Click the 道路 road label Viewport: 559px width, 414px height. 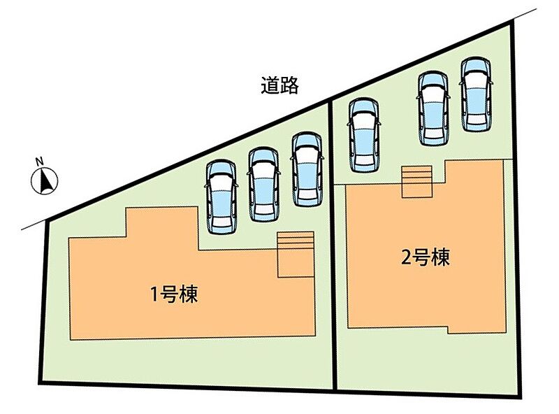coord(280,85)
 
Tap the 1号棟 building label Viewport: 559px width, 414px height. coord(175,294)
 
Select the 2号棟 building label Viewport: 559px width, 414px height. coord(425,258)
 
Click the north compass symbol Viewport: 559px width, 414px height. coord(45,182)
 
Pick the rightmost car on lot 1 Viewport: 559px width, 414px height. coord(306,170)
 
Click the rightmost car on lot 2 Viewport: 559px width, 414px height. coord(476,94)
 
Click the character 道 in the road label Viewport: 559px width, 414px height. coord(270,85)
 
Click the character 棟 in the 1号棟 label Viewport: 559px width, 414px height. coord(189,294)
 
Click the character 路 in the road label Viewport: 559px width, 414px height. coord(290,85)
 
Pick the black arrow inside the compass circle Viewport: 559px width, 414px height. coord(46,183)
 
